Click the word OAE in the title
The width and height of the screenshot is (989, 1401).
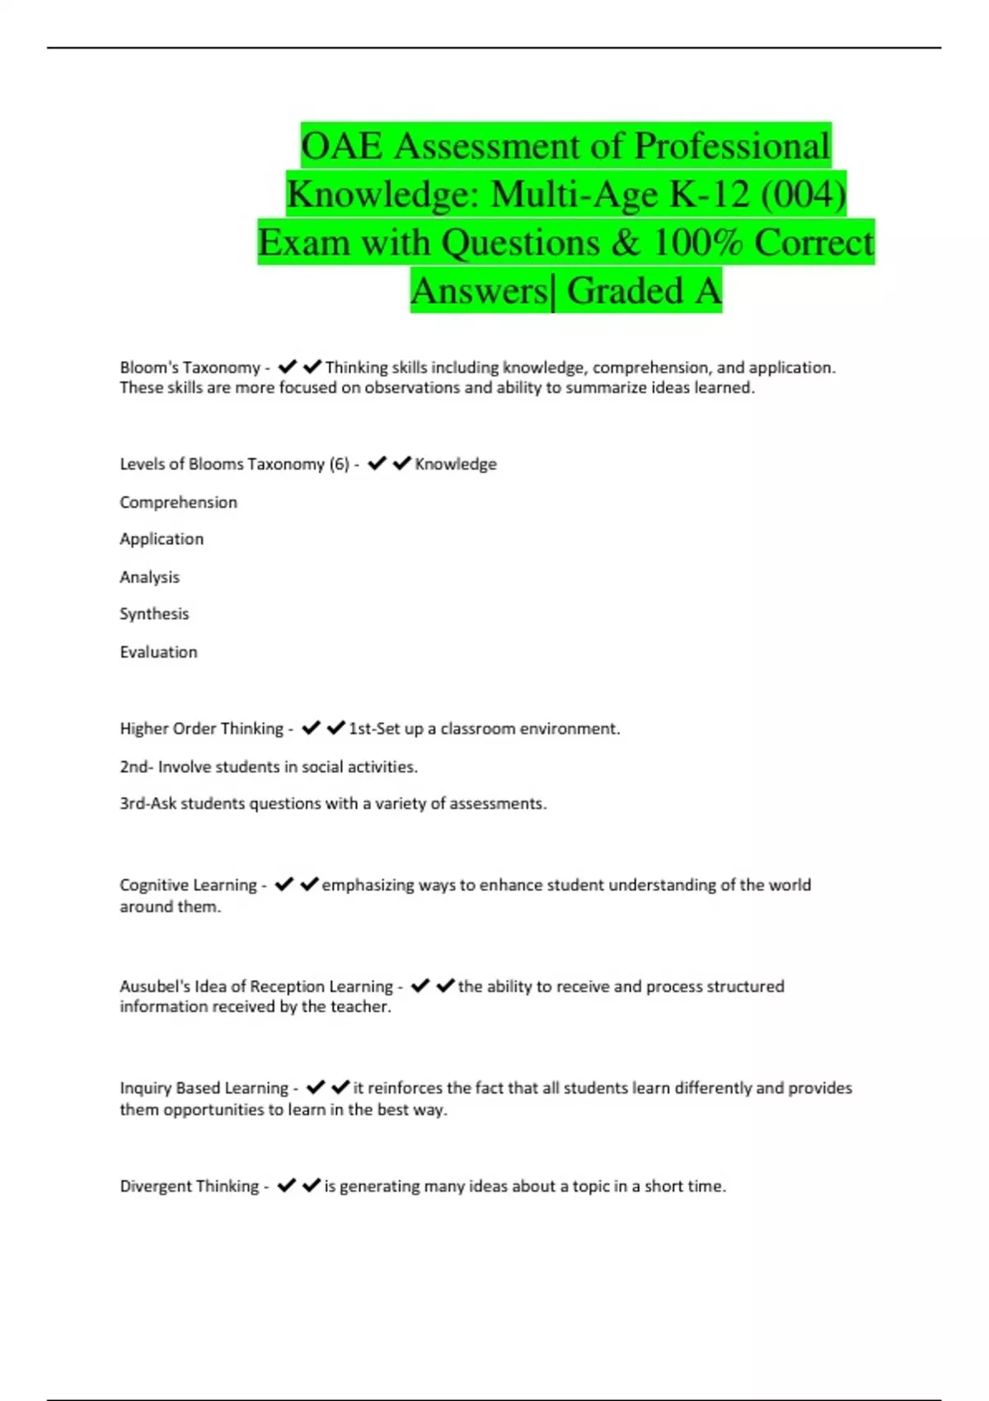pos(341,147)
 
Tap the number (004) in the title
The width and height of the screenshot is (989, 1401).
pos(803,194)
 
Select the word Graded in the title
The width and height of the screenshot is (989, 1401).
pos(625,291)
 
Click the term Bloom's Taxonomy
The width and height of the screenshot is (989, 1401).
pos(190,368)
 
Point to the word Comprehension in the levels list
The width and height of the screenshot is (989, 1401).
pos(178,502)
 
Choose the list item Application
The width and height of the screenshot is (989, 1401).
pos(162,539)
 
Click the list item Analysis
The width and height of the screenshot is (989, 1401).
pos(149,577)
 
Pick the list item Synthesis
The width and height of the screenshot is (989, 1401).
pos(154,614)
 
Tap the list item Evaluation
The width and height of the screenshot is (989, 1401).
pos(158,652)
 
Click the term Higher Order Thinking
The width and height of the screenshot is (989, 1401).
pos(201,729)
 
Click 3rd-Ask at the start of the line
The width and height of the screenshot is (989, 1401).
pos(148,804)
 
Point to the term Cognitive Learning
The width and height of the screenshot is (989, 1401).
pos(188,885)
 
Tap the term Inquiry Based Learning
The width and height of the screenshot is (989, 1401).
pos(204,1088)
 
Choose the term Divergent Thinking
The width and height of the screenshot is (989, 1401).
pos(189,1186)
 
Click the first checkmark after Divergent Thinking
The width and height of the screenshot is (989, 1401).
pos(286,1186)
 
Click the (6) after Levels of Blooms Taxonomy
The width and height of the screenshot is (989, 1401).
pos(339,464)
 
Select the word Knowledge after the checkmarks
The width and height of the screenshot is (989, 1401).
pos(456,464)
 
